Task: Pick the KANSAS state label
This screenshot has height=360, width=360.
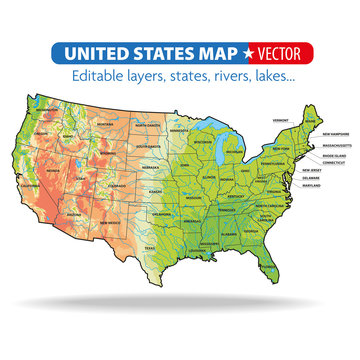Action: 156,189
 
